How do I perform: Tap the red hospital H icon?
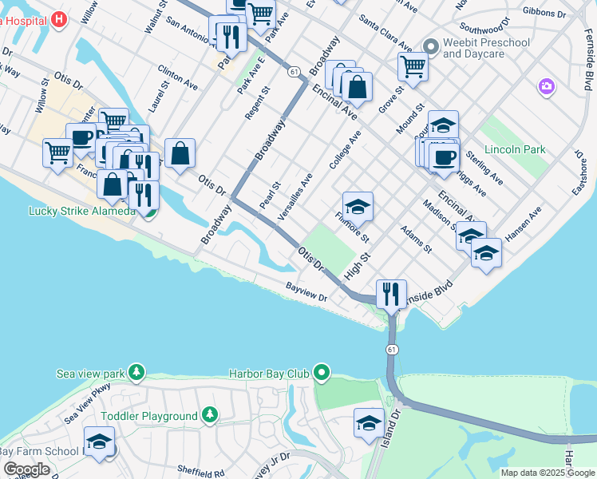click(x=58, y=18)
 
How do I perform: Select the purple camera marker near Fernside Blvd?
click(x=546, y=85)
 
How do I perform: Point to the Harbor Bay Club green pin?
click(x=322, y=372)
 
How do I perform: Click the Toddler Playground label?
click(x=149, y=416)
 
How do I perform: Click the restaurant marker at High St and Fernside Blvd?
click(x=391, y=294)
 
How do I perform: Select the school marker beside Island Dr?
click(x=369, y=422)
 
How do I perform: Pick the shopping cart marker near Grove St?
click(x=413, y=66)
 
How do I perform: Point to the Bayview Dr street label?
click(x=306, y=292)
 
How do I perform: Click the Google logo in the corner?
click(x=26, y=469)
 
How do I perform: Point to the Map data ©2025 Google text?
click(x=548, y=473)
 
